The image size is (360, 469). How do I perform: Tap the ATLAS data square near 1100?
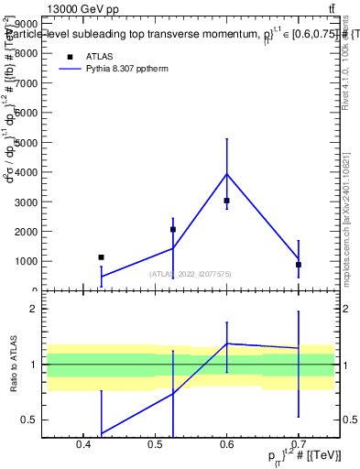[x=101, y=257]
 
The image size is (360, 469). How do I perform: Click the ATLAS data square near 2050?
[x=173, y=229]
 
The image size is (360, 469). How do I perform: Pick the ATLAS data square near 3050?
[x=226, y=200]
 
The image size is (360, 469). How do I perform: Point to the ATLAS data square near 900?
[x=299, y=264]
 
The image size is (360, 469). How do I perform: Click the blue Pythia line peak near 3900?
[x=226, y=174]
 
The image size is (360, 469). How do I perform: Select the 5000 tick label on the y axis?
[x=26, y=142]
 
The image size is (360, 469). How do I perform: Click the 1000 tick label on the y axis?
[x=26, y=261]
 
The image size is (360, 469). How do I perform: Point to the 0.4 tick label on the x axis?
[x=83, y=445]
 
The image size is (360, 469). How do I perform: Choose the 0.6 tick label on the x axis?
[x=226, y=445]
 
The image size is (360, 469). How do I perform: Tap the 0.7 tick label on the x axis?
[x=299, y=445]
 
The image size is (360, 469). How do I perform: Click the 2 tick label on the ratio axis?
[x=32, y=309]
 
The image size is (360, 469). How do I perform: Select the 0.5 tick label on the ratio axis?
[x=28, y=420]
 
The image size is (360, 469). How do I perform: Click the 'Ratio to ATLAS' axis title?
[x=12, y=365]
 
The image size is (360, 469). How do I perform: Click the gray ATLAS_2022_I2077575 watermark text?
[x=191, y=274]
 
